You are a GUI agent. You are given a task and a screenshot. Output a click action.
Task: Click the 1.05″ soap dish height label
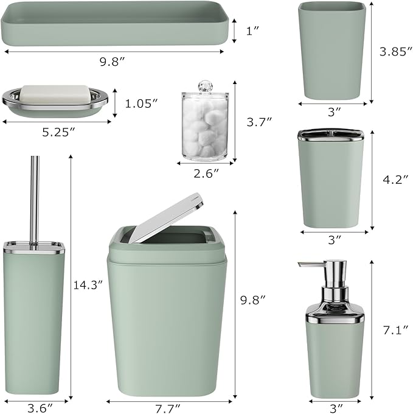point(141,103)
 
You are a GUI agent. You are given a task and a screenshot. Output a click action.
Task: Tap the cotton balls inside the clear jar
point(205,128)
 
